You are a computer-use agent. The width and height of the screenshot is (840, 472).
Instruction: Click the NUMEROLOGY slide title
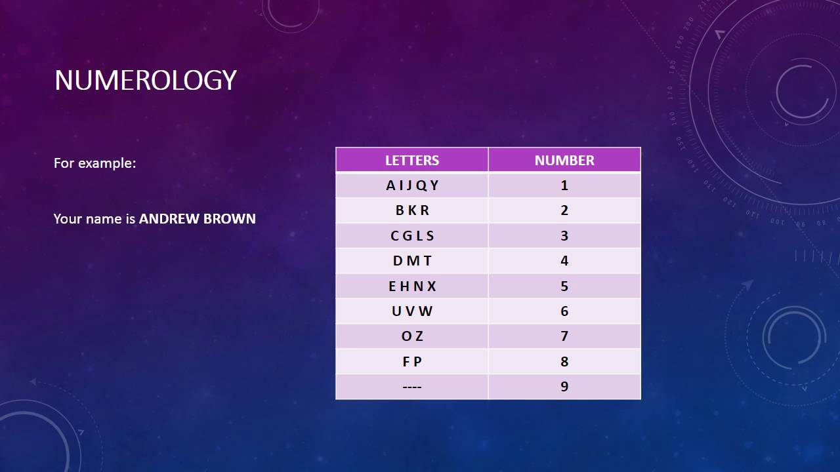[145, 80]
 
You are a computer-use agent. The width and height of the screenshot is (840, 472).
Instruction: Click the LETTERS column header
[411, 161]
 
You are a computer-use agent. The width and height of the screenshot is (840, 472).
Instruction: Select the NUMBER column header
[564, 161]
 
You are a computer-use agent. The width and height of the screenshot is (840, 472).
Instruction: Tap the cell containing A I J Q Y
[412, 186]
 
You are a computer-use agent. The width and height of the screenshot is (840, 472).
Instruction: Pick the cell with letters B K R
[412, 210]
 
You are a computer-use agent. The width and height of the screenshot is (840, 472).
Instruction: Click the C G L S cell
[412, 236]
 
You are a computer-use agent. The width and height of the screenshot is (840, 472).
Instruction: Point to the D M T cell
[412, 261]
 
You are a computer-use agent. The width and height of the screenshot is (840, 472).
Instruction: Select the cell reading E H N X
[412, 286]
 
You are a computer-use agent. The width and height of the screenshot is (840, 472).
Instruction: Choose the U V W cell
[412, 311]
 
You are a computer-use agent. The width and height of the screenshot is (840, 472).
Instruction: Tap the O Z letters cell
[412, 336]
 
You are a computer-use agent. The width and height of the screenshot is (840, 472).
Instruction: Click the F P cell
[412, 362]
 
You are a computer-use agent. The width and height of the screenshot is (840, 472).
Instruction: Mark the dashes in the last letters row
[412, 387]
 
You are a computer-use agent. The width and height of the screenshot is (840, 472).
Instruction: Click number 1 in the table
[564, 186]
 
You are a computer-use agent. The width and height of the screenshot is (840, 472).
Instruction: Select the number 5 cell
[564, 286]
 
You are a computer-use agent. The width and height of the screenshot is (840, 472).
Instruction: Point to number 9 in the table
[564, 387]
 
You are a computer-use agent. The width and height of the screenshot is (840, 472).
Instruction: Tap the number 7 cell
[564, 336]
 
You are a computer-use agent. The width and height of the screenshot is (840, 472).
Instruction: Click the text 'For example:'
[95, 163]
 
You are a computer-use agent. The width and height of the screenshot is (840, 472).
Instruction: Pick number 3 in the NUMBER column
[564, 236]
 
